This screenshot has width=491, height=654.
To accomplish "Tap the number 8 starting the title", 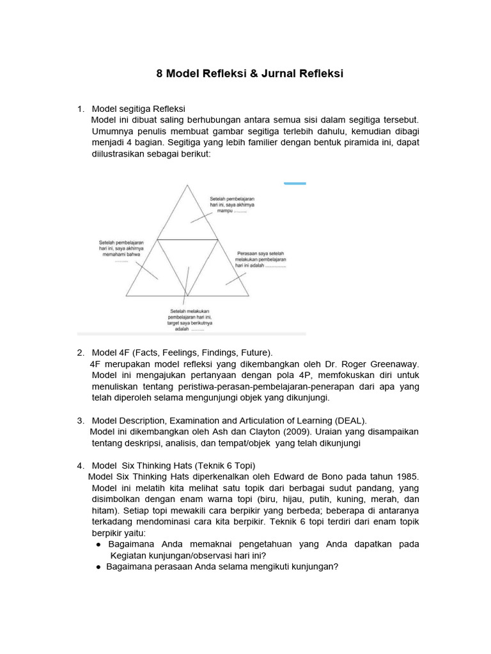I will click(x=160, y=73).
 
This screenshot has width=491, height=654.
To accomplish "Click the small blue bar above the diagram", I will click(x=295, y=183).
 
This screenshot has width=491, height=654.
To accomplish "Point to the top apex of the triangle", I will click(x=187, y=185).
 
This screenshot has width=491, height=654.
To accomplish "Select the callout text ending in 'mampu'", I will click(x=232, y=204).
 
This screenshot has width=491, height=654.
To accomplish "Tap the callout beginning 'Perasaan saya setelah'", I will click(x=260, y=259).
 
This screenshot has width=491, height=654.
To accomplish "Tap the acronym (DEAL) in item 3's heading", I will click(x=350, y=420).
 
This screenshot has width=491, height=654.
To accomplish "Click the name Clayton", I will click(x=245, y=432).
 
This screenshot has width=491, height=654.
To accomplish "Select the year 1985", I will click(x=406, y=476).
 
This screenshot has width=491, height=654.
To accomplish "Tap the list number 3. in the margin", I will click(x=81, y=420).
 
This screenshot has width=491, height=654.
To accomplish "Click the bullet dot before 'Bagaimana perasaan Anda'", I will click(x=99, y=567).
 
